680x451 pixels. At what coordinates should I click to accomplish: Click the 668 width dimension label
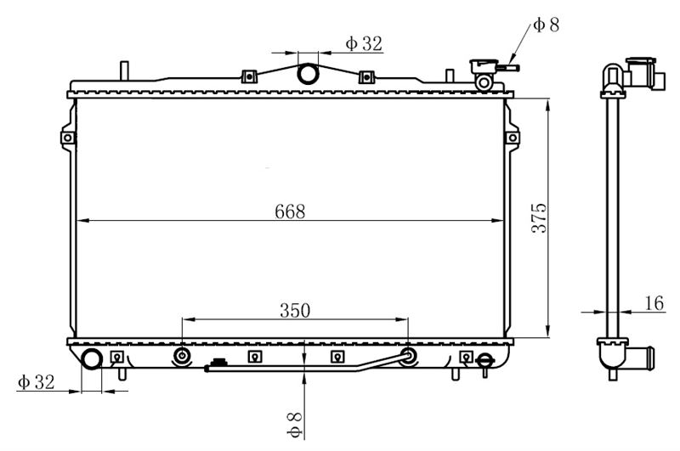(290, 211)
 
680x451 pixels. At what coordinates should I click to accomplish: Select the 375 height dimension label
(540, 218)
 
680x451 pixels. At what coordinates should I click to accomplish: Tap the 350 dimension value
(295, 310)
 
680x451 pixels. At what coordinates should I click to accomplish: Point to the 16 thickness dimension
(654, 303)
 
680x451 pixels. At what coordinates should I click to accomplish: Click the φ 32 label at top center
(364, 43)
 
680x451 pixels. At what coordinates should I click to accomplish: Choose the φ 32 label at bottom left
(36, 381)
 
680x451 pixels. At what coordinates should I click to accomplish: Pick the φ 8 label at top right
(546, 25)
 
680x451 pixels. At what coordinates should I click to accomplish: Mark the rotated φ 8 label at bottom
(294, 425)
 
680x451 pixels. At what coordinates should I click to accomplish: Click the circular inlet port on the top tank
(308, 74)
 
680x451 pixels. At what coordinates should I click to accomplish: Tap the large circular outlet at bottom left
(92, 358)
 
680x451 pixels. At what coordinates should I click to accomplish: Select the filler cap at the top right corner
(484, 66)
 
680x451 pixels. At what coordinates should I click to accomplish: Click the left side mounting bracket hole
(68, 138)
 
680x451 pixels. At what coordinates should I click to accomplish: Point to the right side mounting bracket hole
(513, 138)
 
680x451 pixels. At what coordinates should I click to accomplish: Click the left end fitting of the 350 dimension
(182, 356)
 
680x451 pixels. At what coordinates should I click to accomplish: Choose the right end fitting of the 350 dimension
(408, 356)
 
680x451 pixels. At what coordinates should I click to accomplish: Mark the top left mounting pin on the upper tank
(124, 70)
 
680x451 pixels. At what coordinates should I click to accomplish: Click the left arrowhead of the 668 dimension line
(82, 221)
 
